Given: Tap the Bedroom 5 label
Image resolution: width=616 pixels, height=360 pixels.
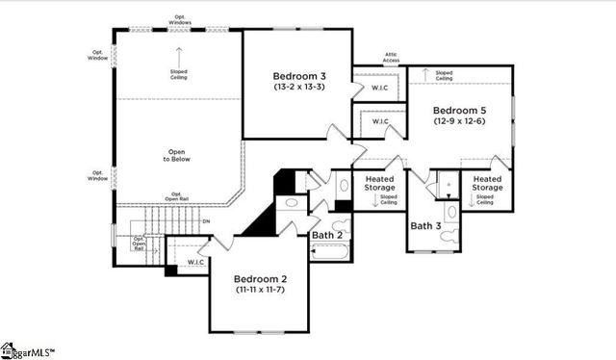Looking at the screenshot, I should (458, 110).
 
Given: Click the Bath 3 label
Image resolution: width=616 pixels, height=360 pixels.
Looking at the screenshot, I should (425, 226).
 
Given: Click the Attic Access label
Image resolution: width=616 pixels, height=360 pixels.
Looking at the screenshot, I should (390, 58).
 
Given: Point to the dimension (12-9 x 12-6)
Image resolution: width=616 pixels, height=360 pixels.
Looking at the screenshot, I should (458, 121).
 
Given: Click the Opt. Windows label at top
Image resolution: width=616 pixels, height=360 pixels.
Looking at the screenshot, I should (178, 18).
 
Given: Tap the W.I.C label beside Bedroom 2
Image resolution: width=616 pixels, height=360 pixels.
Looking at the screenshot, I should (195, 261).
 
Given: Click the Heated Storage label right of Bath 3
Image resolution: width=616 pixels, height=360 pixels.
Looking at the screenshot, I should (486, 183).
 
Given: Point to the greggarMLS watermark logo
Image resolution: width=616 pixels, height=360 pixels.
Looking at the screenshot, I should (29, 351).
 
